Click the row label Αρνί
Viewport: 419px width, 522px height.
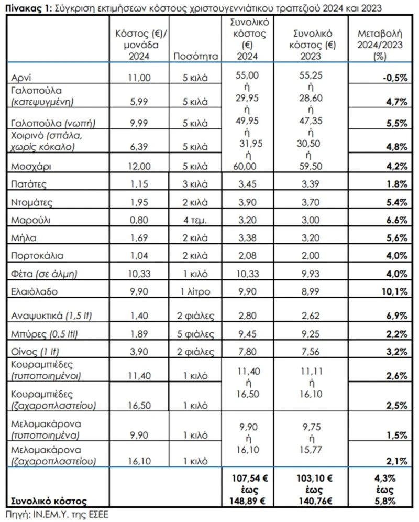(x=21, y=78)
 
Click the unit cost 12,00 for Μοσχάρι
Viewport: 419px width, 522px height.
(x=139, y=166)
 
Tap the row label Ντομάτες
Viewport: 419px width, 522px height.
(x=32, y=202)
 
